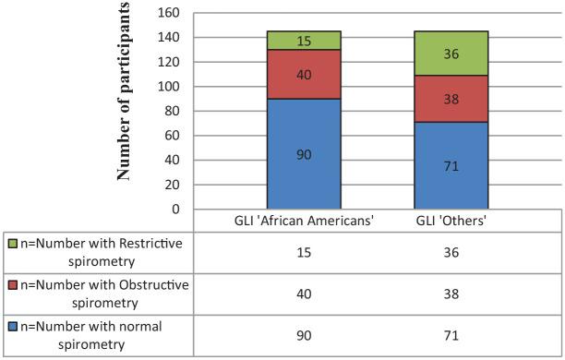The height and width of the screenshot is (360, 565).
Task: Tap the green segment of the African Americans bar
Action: click(303, 41)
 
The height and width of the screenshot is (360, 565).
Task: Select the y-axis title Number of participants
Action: click(124, 92)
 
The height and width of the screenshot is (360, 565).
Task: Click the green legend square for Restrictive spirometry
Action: click(11, 244)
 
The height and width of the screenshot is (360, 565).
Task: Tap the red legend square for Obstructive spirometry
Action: click(11, 285)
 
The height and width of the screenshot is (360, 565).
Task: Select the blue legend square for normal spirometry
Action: click(11, 326)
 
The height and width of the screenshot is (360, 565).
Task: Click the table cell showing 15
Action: click(303, 252)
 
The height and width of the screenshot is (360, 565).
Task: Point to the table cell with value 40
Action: click(303, 293)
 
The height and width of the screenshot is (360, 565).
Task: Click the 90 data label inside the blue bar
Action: click(304, 155)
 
